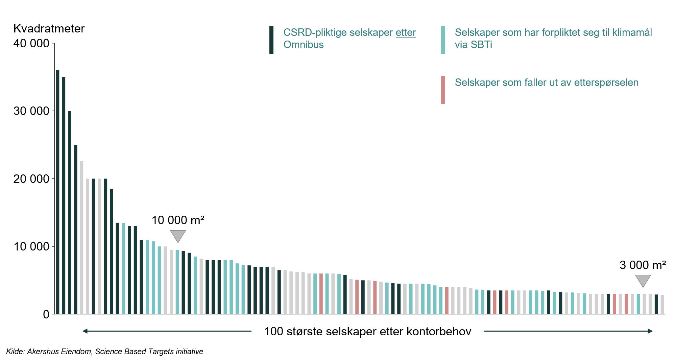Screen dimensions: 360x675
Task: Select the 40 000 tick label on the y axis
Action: (x=31, y=44)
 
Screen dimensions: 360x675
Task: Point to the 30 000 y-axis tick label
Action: (x=31, y=111)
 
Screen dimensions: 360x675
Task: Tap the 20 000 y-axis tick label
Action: (x=31, y=179)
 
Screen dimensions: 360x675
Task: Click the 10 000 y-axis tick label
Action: (x=31, y=246)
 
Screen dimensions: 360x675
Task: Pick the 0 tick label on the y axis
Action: (x=46, y=314)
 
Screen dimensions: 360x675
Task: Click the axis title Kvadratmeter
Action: (x=49, y=29)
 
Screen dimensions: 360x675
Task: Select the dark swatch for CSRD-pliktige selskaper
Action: (x=271, y=40)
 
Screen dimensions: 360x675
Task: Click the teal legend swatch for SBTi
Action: (x=442, y=40)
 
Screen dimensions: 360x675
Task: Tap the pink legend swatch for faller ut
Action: (x=442, y=90)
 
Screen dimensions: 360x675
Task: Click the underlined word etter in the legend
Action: (x=406, y=33)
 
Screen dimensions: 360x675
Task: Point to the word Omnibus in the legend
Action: (x=303, y=45)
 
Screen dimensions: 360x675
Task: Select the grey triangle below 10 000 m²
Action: (x=178, y=236)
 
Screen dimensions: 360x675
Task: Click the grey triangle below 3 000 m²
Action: (x=643, y=281)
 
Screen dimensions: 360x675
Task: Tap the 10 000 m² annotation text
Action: (x=178, y=220)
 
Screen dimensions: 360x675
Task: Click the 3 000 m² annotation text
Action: (x=643, y=265)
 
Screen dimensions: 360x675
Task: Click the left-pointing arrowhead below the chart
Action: (x=85, y=331)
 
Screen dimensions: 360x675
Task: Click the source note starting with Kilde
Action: (x=104, y=352)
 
